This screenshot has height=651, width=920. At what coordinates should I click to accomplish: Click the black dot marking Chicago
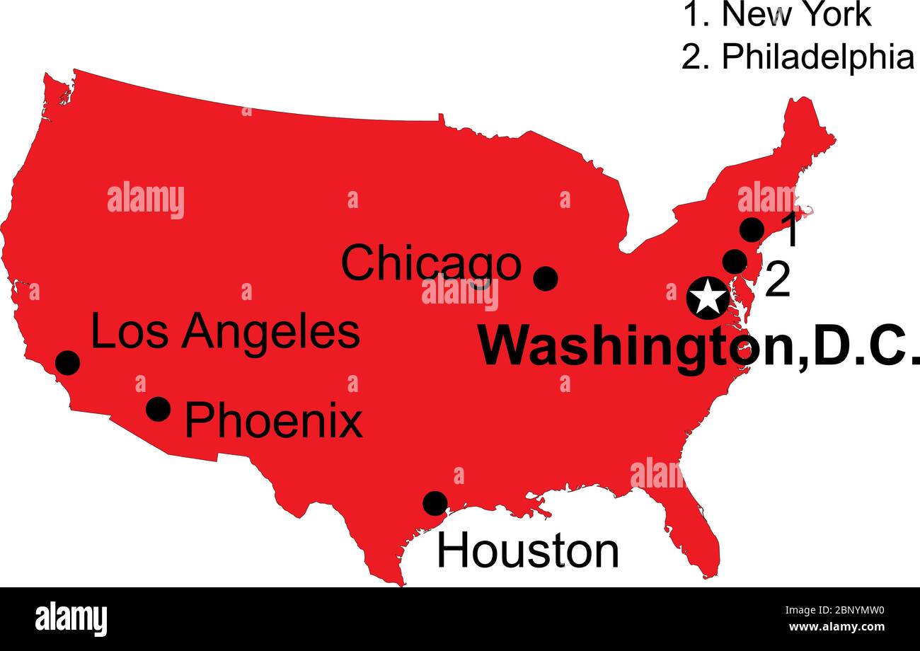coord(545,279)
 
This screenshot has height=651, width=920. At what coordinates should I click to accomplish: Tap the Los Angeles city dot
coord(68,362)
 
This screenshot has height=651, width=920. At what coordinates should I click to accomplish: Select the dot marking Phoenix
coord(158,409)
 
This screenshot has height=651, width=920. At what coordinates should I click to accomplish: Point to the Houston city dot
coord(435,503)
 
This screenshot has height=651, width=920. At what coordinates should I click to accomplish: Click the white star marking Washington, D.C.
coord(708,297)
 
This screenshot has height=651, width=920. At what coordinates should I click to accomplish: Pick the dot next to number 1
coord(752,230)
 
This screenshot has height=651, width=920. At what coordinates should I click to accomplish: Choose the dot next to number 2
coord(735,262)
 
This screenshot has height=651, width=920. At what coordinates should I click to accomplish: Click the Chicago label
coord(430,263)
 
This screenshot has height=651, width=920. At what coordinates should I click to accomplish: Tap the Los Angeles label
coord(225,333)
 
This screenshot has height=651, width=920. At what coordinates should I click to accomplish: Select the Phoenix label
coord(273,421)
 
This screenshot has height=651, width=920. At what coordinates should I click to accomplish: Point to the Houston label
coord(527,551)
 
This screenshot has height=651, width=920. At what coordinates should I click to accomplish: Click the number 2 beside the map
coord(778,281)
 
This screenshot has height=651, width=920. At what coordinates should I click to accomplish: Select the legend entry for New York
coord(777,14)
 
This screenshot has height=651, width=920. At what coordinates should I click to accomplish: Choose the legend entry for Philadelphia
coord(798,57)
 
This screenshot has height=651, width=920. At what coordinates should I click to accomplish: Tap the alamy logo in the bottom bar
coord(71,619)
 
